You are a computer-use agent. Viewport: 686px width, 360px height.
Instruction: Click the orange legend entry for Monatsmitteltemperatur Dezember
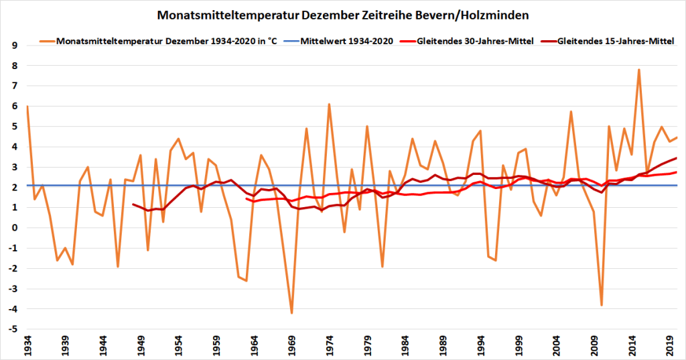[167, 41]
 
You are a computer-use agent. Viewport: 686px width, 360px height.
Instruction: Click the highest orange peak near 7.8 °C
[639, 70]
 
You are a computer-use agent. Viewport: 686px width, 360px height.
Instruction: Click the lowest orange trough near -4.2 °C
[291, 313]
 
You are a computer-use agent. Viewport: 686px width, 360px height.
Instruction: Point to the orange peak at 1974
[330, 104]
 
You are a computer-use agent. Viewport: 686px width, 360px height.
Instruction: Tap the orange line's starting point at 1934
[27, 106]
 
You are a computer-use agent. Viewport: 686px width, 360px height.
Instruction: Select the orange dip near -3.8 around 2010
[602, 305]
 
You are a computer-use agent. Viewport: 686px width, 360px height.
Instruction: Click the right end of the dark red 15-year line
[677, 158]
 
